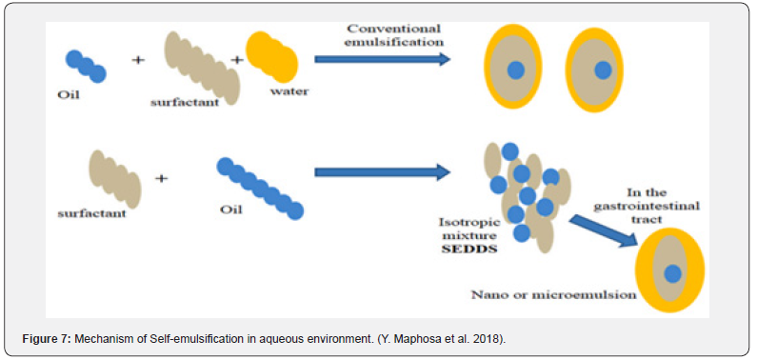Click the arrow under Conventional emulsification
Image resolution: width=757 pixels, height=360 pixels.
382,59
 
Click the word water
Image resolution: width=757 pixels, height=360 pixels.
289,91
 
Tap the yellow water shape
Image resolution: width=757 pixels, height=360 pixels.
271,56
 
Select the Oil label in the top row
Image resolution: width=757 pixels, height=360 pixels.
68,94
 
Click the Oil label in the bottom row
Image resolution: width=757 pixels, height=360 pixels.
231,210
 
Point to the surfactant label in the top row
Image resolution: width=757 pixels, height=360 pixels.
185,102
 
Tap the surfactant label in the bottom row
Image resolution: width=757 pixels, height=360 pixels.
91,212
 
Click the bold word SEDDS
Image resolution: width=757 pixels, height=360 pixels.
468,250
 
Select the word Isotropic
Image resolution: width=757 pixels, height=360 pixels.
469,223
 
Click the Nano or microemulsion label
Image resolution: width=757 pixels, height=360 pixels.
553,294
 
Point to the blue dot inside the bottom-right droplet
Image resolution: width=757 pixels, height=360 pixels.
672,274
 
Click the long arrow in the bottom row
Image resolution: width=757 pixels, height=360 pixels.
382,172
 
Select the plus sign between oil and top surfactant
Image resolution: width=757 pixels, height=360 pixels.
138,60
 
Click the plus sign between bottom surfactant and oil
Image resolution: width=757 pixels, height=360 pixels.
161,178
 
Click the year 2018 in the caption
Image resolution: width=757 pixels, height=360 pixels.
492,339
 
